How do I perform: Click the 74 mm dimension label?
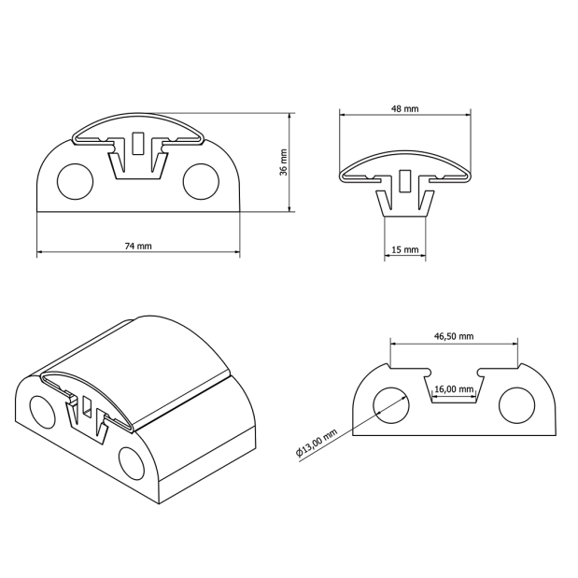click(x=138, y=246)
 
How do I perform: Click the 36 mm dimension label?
click(x=284, y=162)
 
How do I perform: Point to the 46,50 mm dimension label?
click(x=454, y=336)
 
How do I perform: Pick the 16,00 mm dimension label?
click(x=454, y=388)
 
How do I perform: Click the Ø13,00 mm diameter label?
click(x=317, y=443)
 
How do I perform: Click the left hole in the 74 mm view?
click(x=76, y=181)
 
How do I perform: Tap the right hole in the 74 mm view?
click(x=201, y=181)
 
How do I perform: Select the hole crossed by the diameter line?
click(x=391, y=405)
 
